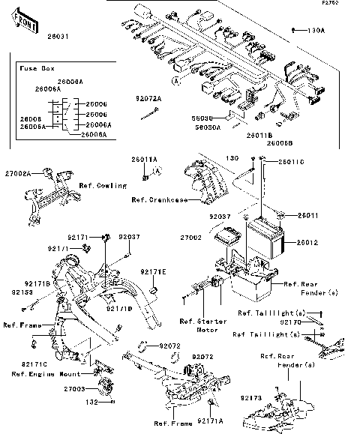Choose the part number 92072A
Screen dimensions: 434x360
tap(148, 98)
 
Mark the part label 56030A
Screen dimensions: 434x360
tap(203, 127)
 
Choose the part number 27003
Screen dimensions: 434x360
tap(75, 390)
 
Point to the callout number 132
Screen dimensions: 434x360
tap(91, 402)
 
